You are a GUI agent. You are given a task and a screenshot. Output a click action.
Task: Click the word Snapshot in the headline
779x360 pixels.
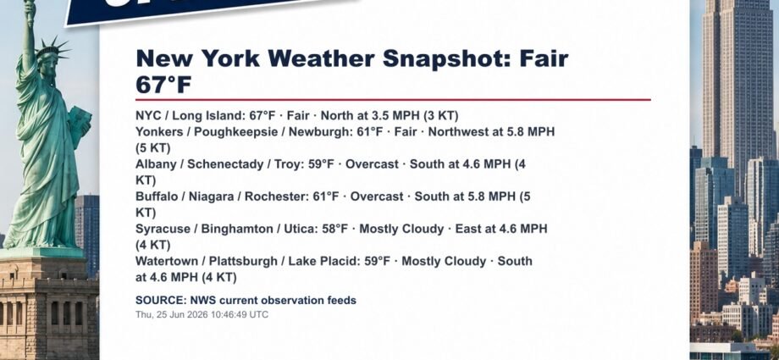pos(447,59)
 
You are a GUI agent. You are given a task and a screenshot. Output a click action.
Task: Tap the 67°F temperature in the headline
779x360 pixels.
pos(163,85)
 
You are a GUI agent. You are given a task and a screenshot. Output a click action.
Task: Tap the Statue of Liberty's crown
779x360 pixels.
pos(52,48)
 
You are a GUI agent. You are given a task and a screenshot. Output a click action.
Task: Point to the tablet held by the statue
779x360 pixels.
pos(79,125)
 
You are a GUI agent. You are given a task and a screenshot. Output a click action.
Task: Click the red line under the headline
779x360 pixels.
pos(393,99)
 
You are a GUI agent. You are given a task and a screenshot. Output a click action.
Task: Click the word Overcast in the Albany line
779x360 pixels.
pos(372,164)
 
